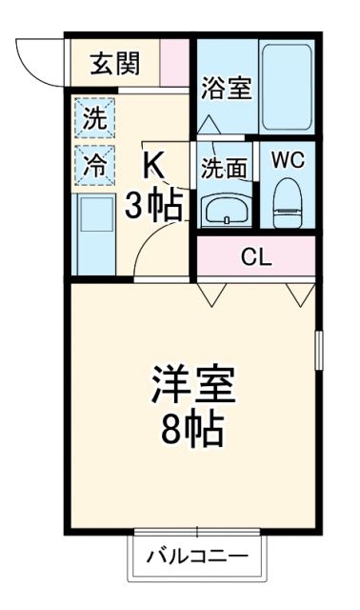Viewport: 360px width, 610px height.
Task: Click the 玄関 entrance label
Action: coord(116,64)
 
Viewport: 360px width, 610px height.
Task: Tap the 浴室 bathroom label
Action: coord(227,89)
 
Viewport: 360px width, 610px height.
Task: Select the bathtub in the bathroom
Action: coord(287,88)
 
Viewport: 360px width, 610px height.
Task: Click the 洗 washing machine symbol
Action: coord(94,120)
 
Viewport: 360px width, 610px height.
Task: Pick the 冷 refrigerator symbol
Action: coord(94,164)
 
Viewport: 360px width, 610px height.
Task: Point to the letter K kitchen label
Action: coord(154,165)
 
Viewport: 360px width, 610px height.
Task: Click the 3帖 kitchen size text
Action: coord(156,204)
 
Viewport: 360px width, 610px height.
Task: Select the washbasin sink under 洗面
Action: coord(226,209)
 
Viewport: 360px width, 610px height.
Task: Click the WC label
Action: coord(287,160)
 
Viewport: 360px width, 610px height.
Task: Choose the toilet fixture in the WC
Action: coord(287,201)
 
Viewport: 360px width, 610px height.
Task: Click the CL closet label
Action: coord(254,256)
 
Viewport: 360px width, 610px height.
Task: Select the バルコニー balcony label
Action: coord(197,557)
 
